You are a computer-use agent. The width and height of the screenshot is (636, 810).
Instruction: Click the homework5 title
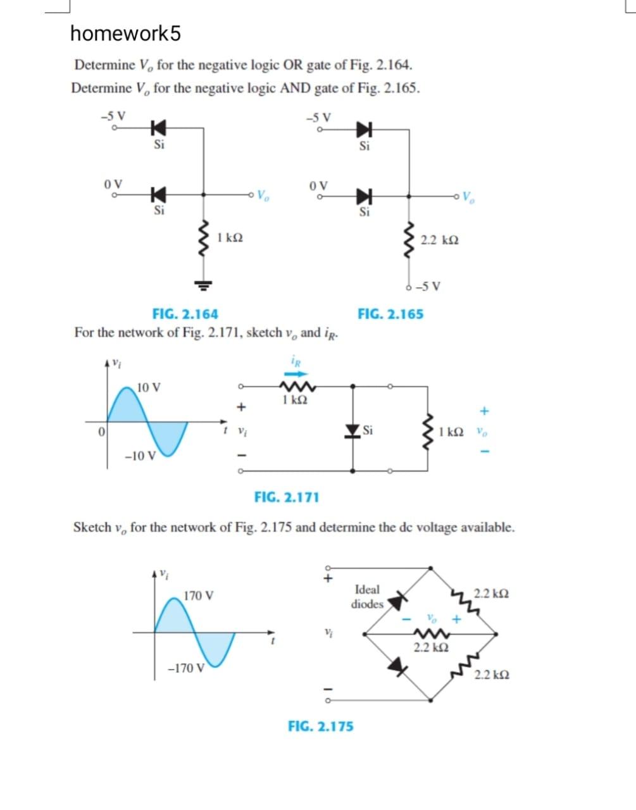click(125, 34)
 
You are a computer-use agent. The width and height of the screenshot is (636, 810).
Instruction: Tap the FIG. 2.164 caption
click(185, 314)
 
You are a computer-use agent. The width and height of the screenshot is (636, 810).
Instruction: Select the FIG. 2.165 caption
click(390, 314)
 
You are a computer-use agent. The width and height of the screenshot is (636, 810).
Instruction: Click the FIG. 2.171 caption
click(287, 497)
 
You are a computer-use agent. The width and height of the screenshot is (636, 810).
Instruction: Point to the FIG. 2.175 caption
click(321, 726)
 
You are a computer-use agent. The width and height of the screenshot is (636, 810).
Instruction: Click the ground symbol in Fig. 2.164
click(203, 283)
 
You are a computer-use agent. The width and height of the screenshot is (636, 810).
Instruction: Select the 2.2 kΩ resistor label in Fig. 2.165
click(440, 240)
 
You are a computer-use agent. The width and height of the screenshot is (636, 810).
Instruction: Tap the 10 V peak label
click(149, 387)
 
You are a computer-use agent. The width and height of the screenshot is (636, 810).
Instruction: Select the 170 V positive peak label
click(199, 595)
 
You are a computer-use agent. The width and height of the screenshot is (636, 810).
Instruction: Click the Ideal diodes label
click(368, 597)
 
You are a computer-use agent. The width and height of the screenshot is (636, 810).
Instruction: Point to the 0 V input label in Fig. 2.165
click(320, 185)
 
